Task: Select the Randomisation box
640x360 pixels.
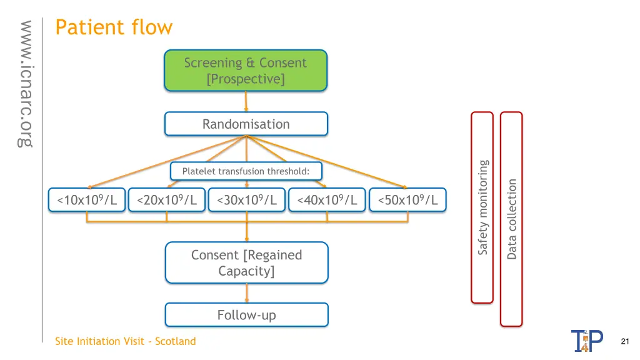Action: (246, 124)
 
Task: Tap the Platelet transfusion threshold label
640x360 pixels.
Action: (246, 171)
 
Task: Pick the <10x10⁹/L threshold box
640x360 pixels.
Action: (87, 200)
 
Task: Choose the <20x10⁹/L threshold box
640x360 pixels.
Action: (167, 200)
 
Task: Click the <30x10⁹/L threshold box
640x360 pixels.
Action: (247, 200)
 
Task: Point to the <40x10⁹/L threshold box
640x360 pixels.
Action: (327, 200)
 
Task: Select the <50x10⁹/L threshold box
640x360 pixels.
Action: (407, 200)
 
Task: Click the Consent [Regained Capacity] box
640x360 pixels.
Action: (246, 262)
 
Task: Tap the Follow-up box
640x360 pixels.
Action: (246, 315)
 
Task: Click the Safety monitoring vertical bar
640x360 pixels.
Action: (482, 207)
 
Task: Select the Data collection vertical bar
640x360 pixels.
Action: (511, 219)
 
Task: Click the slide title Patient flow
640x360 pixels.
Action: (114, 27)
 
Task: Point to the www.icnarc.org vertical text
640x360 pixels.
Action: (26, 84)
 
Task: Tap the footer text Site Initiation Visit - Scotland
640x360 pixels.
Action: (125, 341)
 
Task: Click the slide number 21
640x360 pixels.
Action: (625, 341)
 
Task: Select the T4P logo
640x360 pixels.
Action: (587, 341)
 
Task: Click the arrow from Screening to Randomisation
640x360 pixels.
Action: (246, 101)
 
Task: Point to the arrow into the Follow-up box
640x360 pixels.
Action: (246, 293)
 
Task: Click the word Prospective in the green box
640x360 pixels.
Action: (246, 79)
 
